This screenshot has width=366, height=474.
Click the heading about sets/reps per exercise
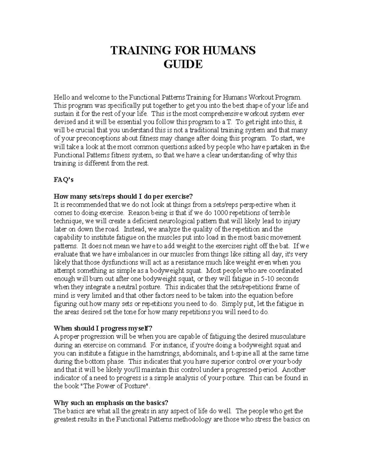point(123,196)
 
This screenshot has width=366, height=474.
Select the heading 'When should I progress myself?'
point(102,328)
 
